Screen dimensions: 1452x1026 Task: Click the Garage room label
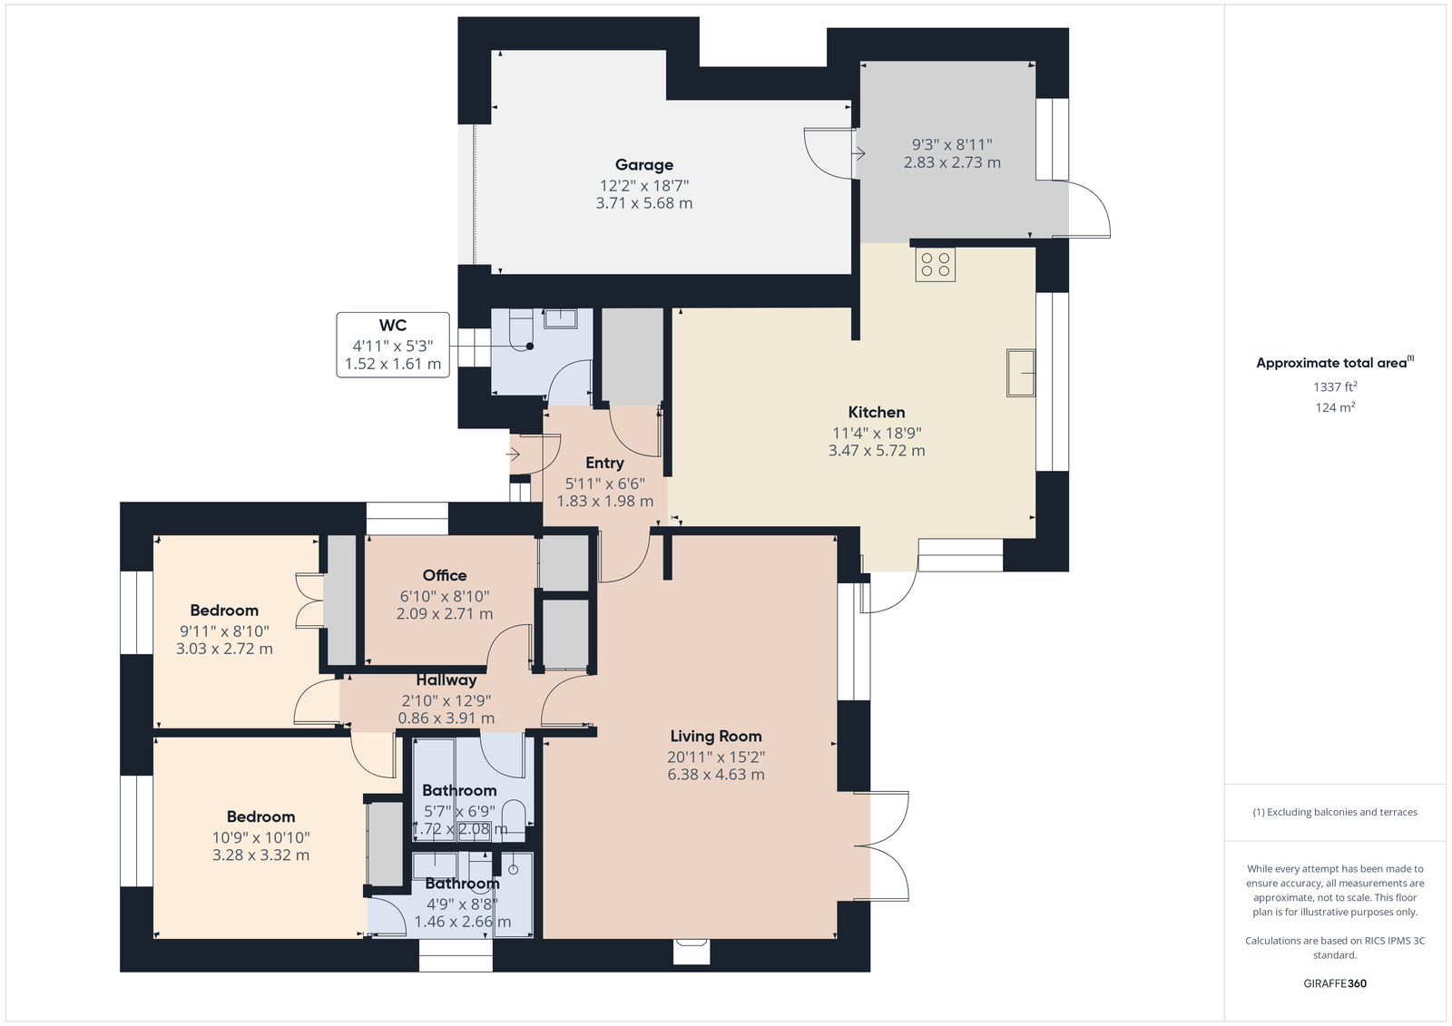(643, 165)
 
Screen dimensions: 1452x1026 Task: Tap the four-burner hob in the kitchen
(935, 265)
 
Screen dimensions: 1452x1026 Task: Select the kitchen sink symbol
(1020, 373)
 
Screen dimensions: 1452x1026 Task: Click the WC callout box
(393, 345)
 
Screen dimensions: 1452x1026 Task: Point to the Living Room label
(716, 737)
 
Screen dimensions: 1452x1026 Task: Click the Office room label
(445, 575)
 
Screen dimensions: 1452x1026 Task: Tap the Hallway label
(446, 679)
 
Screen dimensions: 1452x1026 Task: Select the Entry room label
(604, 463)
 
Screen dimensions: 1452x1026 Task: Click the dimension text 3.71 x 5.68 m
(643, 203)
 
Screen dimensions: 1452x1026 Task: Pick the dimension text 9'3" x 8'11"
(952, 144)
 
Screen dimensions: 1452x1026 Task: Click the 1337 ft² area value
(1335, 387)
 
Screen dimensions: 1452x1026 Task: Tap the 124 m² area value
(1335, 407)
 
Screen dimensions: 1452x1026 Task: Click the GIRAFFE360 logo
(1335, 983)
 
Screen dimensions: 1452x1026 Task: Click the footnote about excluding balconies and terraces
(1335, 812)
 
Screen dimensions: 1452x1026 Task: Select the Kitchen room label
(877, 412)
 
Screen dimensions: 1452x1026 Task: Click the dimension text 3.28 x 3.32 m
(260, 855)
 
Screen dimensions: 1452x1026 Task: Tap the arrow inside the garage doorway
(858, 154)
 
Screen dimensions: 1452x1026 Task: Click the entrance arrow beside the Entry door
(514, 454)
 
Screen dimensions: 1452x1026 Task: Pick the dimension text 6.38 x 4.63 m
(716, 775)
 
